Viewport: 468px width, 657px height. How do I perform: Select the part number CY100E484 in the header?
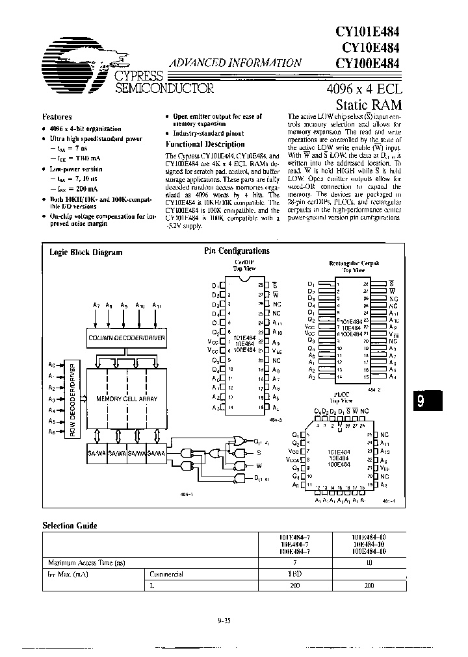tap(368, 64)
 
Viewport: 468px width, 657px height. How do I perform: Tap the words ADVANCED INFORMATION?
tap(235, 63)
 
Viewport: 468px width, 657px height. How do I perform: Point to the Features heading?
tap(57, 117)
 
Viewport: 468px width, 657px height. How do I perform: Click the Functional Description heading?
tap(205, 144)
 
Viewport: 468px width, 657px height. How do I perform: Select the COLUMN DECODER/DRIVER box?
tap(127, 338)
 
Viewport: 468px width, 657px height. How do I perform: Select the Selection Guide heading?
tap(70, 525)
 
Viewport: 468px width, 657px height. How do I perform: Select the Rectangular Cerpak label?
tap(354, 264)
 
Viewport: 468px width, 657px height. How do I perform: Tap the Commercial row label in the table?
tap(167, 574)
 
